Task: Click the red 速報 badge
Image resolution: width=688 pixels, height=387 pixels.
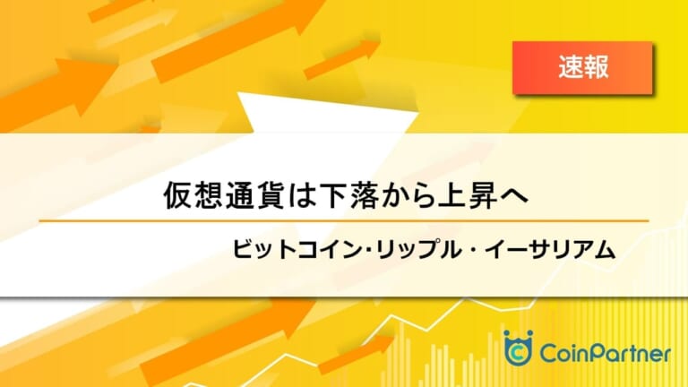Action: click(582, 67)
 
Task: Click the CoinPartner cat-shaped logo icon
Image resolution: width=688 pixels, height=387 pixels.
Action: click(518, 348)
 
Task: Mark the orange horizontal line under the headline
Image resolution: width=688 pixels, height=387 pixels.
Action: click(344, 221)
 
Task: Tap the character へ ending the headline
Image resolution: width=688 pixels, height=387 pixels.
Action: click(514, 196)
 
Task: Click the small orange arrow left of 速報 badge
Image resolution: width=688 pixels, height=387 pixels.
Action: click(342, 60)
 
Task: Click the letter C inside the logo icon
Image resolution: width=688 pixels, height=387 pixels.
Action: click(518, 352)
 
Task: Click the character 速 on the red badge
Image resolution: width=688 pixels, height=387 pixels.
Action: click(571, 67)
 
